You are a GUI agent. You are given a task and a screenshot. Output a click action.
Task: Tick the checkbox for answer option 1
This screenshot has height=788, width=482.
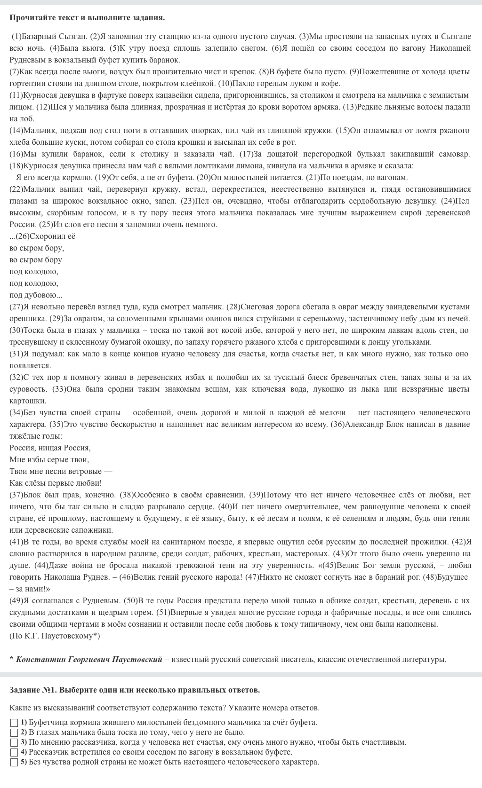click(x=14, y=723)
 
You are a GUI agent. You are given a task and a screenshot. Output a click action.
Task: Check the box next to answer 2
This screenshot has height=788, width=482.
click(x=14, y=733)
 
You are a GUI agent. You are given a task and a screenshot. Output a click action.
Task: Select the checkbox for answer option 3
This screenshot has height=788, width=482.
click(x=14, y=742)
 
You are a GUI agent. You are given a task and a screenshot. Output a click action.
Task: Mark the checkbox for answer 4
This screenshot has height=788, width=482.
click(x=14, y=752)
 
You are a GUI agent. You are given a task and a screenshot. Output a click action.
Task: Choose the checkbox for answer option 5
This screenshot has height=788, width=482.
click(x=14, y=762)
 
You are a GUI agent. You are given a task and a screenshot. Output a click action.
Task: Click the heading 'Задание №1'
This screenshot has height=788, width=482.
click(x=134, y=690)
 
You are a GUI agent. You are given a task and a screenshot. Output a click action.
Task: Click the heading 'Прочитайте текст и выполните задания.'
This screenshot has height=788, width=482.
click(x=87, y=18)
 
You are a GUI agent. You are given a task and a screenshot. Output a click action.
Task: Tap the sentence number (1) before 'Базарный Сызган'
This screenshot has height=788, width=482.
click(x=17, y=36)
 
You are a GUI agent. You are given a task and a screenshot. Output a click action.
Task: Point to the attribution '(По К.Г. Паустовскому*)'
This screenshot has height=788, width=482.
click(x=55, y=636)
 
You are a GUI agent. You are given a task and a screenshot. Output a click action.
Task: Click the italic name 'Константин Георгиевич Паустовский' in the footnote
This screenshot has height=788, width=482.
click(x=89, y=659)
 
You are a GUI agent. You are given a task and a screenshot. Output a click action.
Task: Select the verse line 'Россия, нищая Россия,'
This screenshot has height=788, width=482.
click(x=50, y=448)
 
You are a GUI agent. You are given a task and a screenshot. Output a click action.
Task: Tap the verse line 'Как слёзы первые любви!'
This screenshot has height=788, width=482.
click(x=56, y=483)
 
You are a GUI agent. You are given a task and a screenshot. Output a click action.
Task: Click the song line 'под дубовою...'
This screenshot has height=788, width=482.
click(x=36, y=295)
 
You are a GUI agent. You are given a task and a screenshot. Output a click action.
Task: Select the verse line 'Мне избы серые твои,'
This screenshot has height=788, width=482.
click(x=49, y=459)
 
